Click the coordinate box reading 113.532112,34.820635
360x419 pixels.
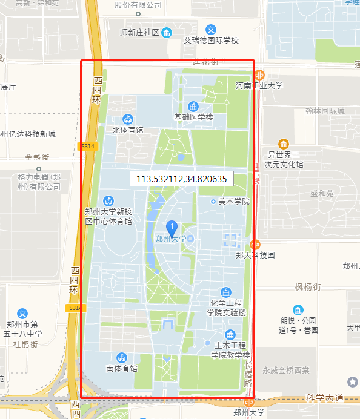point(182,179)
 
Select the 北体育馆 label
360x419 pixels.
point(128,130)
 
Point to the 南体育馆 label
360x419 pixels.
point(122,368)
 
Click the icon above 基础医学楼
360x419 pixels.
point(193,107)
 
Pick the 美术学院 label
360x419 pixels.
point(234,201)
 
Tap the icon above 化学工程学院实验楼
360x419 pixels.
point(226,292)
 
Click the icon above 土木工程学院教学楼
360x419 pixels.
point(230,335)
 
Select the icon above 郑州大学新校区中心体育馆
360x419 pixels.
point(108,200)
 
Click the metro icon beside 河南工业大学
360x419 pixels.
point(259,76)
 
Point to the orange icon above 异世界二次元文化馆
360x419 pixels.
point(283,144)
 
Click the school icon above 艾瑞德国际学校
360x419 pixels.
point(212,30)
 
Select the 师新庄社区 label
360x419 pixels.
point(139,32)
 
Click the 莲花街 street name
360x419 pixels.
point(205,62)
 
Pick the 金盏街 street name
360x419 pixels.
point(37,157)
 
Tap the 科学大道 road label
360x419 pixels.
point(324,398)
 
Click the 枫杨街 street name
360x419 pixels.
point(307,286)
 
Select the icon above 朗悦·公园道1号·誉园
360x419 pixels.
point(298,310)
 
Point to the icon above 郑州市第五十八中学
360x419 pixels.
point(22,313)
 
